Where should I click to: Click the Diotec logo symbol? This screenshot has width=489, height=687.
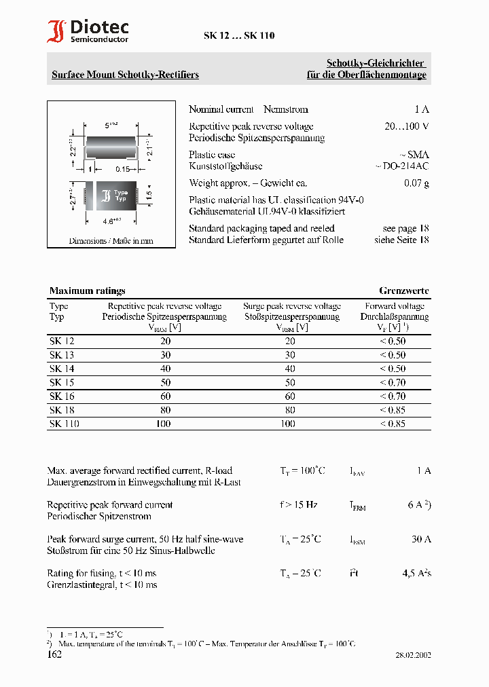(56, 32)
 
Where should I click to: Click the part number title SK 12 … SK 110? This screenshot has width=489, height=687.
(239, 36)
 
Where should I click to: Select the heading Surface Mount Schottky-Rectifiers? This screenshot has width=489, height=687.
(126, 75)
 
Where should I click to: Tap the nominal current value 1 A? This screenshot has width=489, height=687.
(421, 109)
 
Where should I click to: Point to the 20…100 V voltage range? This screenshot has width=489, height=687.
(406, 126)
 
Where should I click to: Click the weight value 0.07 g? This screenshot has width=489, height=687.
(416, 183)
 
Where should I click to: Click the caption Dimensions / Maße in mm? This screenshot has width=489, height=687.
(111, 241)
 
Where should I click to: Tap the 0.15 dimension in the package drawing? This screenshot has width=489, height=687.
(122, 169)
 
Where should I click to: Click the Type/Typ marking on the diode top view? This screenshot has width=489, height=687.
(120, 196)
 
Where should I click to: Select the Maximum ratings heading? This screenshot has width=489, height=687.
(88, 291)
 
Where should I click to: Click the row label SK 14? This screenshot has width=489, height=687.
(62, 369)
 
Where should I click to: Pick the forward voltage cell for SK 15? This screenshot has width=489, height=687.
(393, 382)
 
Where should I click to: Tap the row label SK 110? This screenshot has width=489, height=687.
(65, 424)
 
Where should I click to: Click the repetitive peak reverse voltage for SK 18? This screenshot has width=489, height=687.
(165, 410)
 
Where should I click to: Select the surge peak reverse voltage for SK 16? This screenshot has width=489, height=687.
(290, 396)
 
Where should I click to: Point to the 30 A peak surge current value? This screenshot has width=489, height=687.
(421, 539)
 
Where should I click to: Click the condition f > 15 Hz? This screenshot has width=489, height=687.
(299, 504)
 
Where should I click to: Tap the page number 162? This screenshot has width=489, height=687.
(54, 654)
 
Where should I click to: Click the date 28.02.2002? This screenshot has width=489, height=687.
(413, 655)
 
